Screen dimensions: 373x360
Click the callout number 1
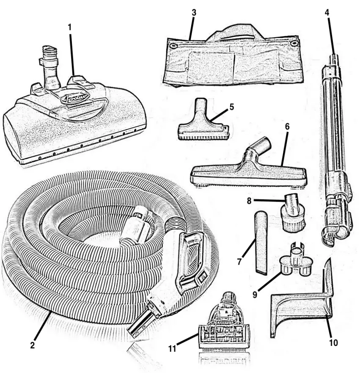tap(70, 27)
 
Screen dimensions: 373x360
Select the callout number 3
tap(193, 12)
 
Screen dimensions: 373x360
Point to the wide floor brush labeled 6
tap(250, 173)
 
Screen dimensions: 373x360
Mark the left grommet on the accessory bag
tap(173, 44)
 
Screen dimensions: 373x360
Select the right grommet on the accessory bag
tap(295, 43)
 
